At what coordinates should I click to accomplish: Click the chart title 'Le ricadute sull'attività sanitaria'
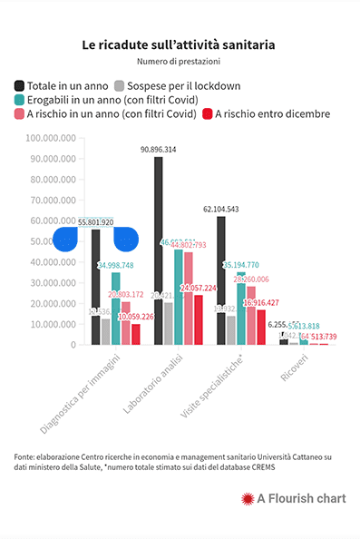point(179,44)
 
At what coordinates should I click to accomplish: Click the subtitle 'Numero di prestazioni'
point(179,62)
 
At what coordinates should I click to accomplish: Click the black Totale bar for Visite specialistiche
point(220,280)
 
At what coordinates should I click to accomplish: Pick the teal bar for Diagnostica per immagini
point(116,309)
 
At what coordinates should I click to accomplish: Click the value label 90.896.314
point(159,149)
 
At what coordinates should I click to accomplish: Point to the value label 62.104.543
point(220,209)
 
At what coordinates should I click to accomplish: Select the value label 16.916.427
point(260,302)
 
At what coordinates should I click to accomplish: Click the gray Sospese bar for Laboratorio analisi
point(169,323)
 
